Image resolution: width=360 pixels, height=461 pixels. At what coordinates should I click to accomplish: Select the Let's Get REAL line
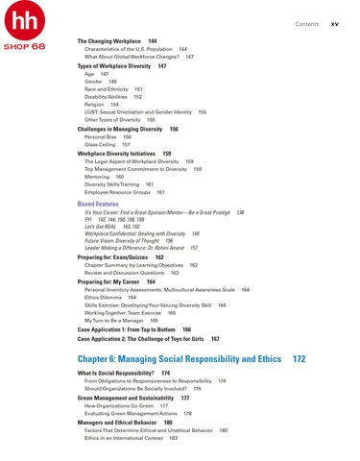point(104,227)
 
